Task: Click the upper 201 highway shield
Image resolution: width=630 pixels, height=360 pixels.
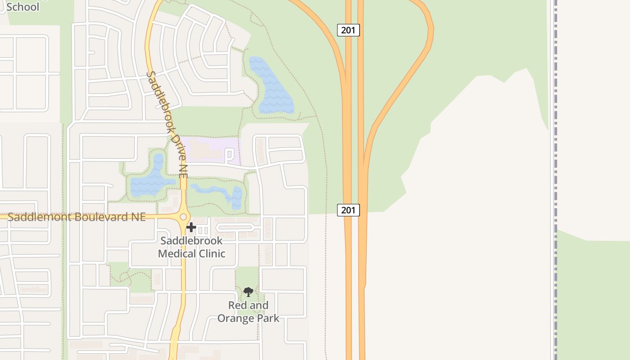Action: click(x=348, y=30)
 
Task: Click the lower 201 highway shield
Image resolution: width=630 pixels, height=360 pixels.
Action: click(x=348, y=210)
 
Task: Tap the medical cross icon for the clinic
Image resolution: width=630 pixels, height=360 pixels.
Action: click(x=191, y=227)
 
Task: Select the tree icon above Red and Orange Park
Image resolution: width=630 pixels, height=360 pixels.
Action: click(x=248, y=292)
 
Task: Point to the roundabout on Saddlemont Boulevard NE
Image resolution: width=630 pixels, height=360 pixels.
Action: click(x=183, y=217)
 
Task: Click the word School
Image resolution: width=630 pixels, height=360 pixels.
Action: click(x=22, y=7)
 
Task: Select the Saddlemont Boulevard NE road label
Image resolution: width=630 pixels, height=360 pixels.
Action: click(x=76, y=217)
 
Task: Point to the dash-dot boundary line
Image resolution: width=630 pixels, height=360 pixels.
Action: click(x=556, y=180)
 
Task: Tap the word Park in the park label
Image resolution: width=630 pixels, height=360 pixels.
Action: click(x=268, y=318)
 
